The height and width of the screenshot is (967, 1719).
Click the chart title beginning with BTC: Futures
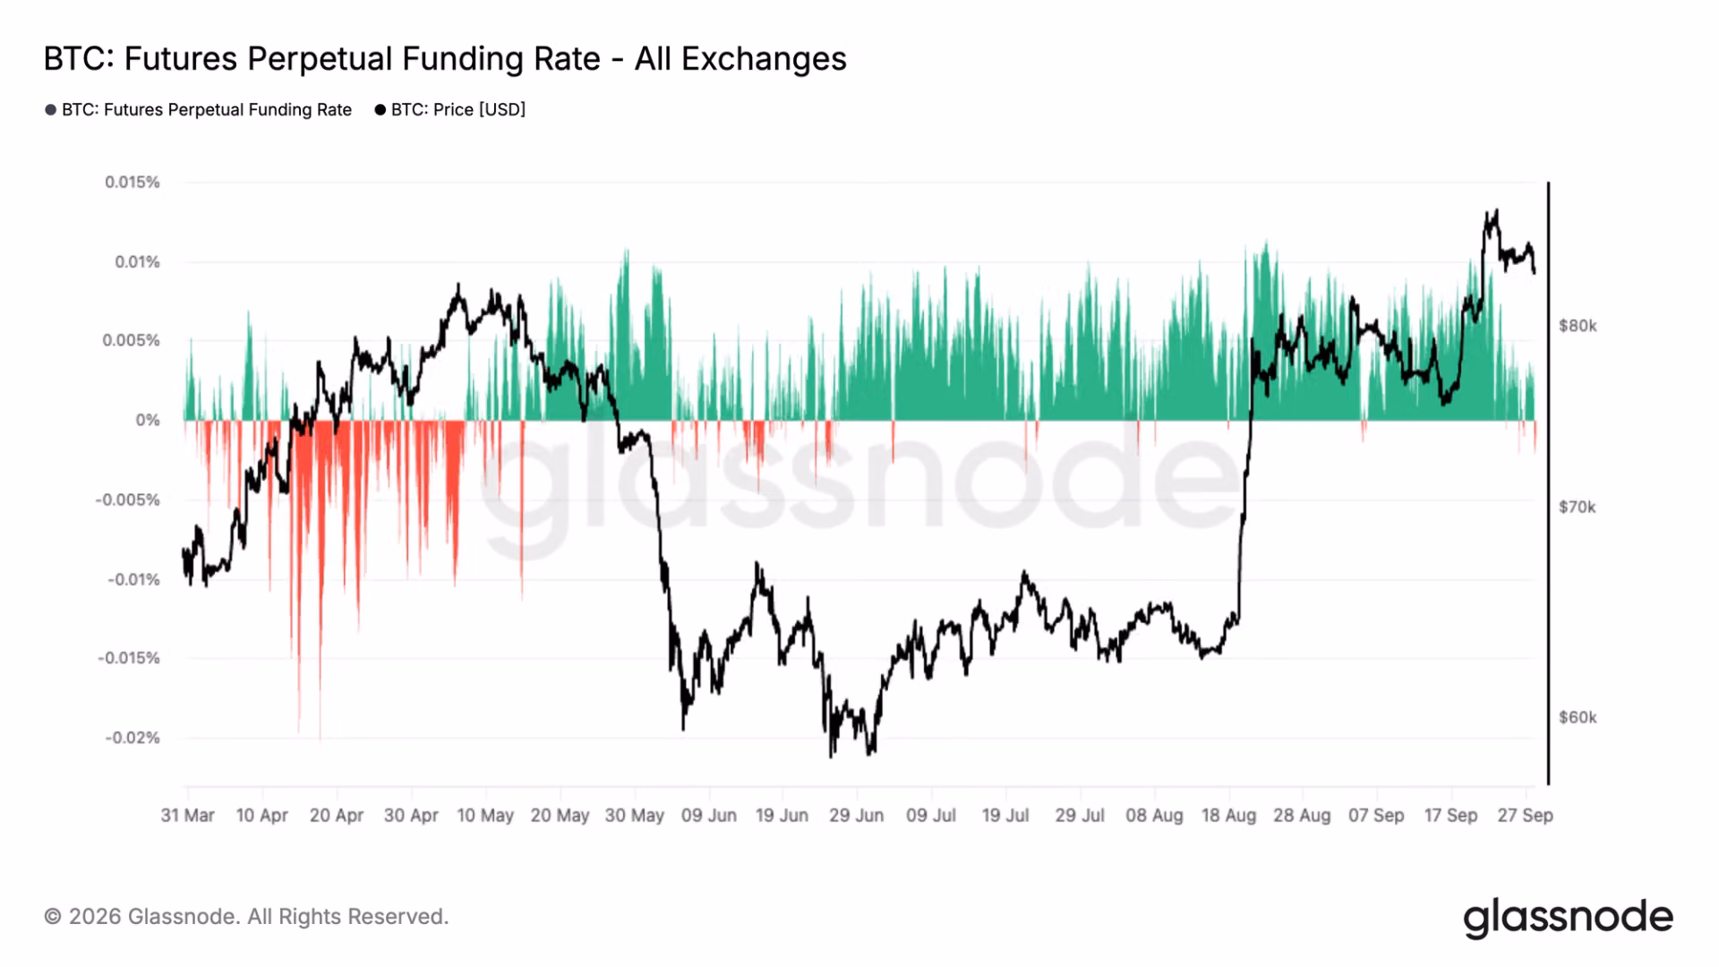click(x=445, y=59)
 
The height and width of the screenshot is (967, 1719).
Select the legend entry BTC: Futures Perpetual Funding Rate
click(x=199, y=109)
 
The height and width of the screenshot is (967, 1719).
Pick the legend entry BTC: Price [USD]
click(x=450, y=109)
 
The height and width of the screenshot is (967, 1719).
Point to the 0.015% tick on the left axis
click(x=133, y=182)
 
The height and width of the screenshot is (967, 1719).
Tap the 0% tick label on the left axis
click(x=148, y=420)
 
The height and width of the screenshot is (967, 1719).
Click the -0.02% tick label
click(x=133, y=738)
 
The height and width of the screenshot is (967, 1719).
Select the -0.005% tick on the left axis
click(x=128, y=500)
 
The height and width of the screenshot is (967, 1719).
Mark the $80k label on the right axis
click(x=1578, y=326)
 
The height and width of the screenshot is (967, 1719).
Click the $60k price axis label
click(x=1578, y=717)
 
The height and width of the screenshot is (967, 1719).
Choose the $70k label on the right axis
click(x=1578, y=508)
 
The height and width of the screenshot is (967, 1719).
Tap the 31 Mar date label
click(x=188, y=816)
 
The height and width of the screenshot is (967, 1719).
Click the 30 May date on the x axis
click(x=635, y=816)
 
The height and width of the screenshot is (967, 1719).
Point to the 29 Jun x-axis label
click(x=857, y=816)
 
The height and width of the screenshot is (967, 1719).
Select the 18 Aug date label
click(x=1228, y=816)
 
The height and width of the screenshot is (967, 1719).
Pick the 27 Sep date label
click(x=1526, y=816)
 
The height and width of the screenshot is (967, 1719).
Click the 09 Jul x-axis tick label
click(x=931, y=816)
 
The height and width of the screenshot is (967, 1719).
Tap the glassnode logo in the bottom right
click(x=1569, y=918)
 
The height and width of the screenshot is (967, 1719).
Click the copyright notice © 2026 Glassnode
click(x=246, y=917)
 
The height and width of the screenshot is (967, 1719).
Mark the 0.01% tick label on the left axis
click(x=137, y=261)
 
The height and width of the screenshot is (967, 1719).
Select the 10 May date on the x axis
click(x=485, y=816)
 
